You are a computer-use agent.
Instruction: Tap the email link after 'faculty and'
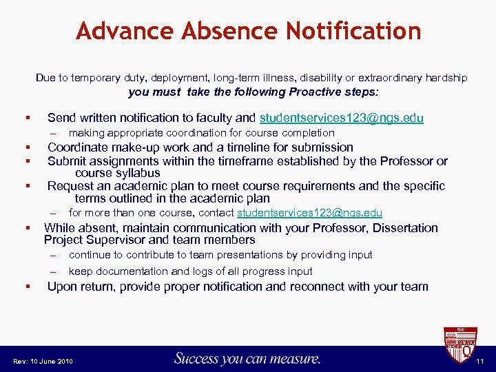pyautogui.click(x=341, y=118)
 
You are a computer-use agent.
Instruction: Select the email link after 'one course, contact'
pyautogui.click(x=309, y=214)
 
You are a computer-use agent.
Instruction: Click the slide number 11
pyautogui.click(x=480, y=361)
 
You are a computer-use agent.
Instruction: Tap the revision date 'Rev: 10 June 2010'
pyautogui.click(x=43, y=362)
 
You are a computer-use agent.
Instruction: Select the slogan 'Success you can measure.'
pyautogui.click(x=247, y=358)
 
